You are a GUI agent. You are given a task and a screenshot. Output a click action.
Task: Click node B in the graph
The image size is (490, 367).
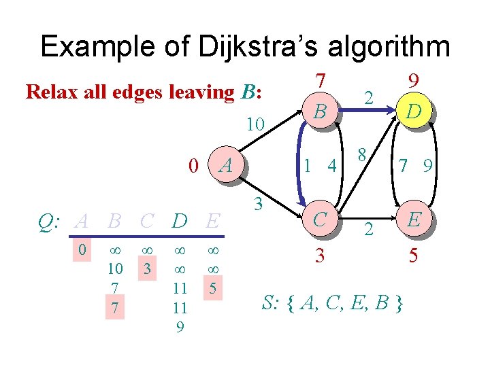pos(319,110)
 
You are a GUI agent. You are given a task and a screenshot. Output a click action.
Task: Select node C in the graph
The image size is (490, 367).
pos(319,219)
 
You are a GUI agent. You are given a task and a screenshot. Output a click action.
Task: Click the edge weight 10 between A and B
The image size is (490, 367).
pos(255,124)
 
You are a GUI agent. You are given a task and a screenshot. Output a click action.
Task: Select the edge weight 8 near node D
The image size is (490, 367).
pos(363,153)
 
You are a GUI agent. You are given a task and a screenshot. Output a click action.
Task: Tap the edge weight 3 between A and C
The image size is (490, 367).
pos(258,202)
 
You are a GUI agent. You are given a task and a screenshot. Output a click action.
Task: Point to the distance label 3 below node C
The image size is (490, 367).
pos(319,256)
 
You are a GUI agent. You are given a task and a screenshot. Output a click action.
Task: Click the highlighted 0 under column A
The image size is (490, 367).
pos(82,250)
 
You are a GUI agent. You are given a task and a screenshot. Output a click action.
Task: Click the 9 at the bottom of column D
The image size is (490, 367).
pos(179,327)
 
